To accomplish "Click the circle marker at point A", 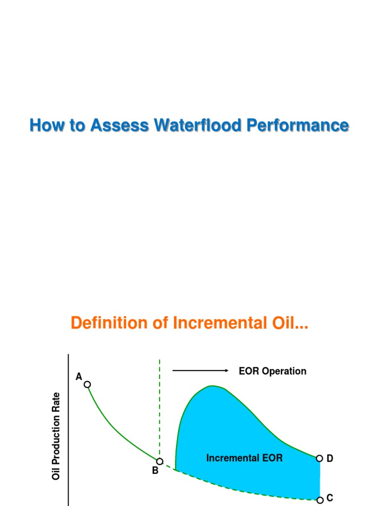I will click(x=87, y=384).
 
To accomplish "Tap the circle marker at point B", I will click(x=159, y=462).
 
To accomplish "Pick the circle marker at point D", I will click(x=319, y=459).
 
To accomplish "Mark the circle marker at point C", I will click(x=320, y=500).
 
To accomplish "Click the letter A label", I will click(x=78, y=377).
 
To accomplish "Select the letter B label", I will click(x=155, y=471).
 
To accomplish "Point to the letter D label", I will click(x=330, y=459).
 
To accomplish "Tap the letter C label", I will click(x=330, y=498).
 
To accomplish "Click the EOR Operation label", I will click(x=272, y=371).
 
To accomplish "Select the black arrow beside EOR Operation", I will click(x=200, y=371).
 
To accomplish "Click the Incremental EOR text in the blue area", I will click(x=244, y=458).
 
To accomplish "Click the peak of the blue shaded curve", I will click(x=212, y=386).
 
